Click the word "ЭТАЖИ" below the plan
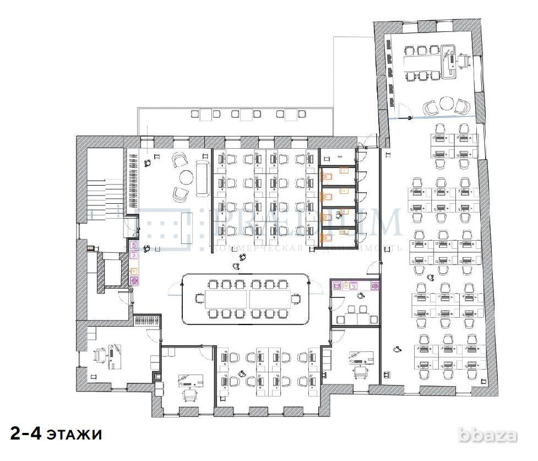click(73, 435)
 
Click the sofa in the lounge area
click(202, 178)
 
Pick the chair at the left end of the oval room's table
click(199, 299)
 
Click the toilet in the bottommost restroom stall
click(326, 237)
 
